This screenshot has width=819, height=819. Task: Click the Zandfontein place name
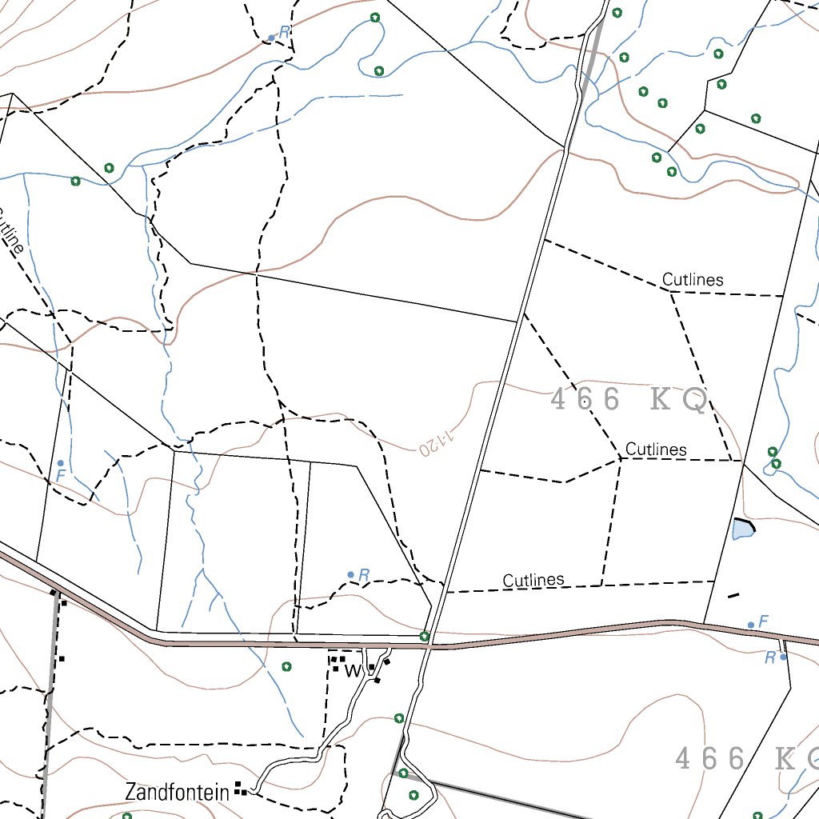(177, 792)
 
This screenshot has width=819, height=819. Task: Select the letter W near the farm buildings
(352, 671)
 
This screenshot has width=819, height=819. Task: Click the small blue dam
(742, 528)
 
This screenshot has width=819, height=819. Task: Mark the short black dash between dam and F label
(733, 595)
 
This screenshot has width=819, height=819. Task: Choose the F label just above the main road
(763, 621)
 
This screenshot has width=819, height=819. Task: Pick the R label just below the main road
(769, 657)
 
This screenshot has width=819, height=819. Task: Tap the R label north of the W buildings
(364, 574)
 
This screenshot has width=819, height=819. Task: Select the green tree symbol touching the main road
(425, 637)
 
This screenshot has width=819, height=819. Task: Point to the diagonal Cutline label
(10, 232)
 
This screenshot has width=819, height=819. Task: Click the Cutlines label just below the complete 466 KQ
(656, 449)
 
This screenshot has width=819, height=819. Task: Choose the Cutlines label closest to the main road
(533, 581)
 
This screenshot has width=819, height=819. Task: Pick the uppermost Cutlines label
(693, 280)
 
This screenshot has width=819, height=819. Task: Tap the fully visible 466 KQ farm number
(629, 400)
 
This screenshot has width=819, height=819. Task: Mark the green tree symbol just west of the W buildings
(286, 666)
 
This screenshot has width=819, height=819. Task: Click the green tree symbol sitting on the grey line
(403, 773)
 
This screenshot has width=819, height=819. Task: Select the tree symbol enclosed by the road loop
(413, 795)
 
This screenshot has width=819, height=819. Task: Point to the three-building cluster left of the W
(338, 663)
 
